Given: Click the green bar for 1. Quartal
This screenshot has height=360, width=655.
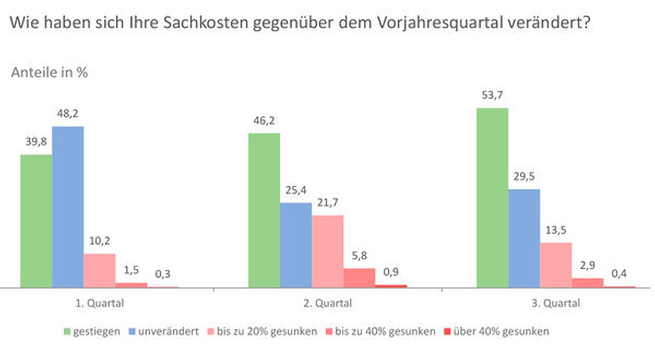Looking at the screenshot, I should pos(36,221).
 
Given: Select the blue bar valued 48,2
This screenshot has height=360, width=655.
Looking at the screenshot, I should pos(68,207).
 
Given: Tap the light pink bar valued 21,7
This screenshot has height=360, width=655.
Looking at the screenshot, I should pos(327,251).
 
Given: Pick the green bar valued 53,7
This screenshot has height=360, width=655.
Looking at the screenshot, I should pos(492,198).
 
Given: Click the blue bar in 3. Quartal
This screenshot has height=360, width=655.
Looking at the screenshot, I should pos(524,238).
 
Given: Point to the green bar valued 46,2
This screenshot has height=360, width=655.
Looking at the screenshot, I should pos(264,210).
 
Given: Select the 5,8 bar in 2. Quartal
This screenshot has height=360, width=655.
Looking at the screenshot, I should pos(359,278).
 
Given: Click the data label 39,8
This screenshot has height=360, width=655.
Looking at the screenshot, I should pos(36,142).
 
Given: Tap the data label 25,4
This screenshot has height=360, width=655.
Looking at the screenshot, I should pos(296,190).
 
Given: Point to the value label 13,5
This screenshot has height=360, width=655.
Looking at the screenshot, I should pos(556,230).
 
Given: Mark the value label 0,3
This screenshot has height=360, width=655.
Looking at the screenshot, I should pos(163,274).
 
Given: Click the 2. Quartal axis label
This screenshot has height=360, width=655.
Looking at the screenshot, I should pos(327,304).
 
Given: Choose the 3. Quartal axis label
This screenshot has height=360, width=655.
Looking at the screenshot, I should pos(556,304).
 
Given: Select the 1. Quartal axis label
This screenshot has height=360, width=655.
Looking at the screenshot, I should pos(100,304).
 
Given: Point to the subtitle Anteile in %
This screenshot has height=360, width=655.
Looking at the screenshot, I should pos(50,73).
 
